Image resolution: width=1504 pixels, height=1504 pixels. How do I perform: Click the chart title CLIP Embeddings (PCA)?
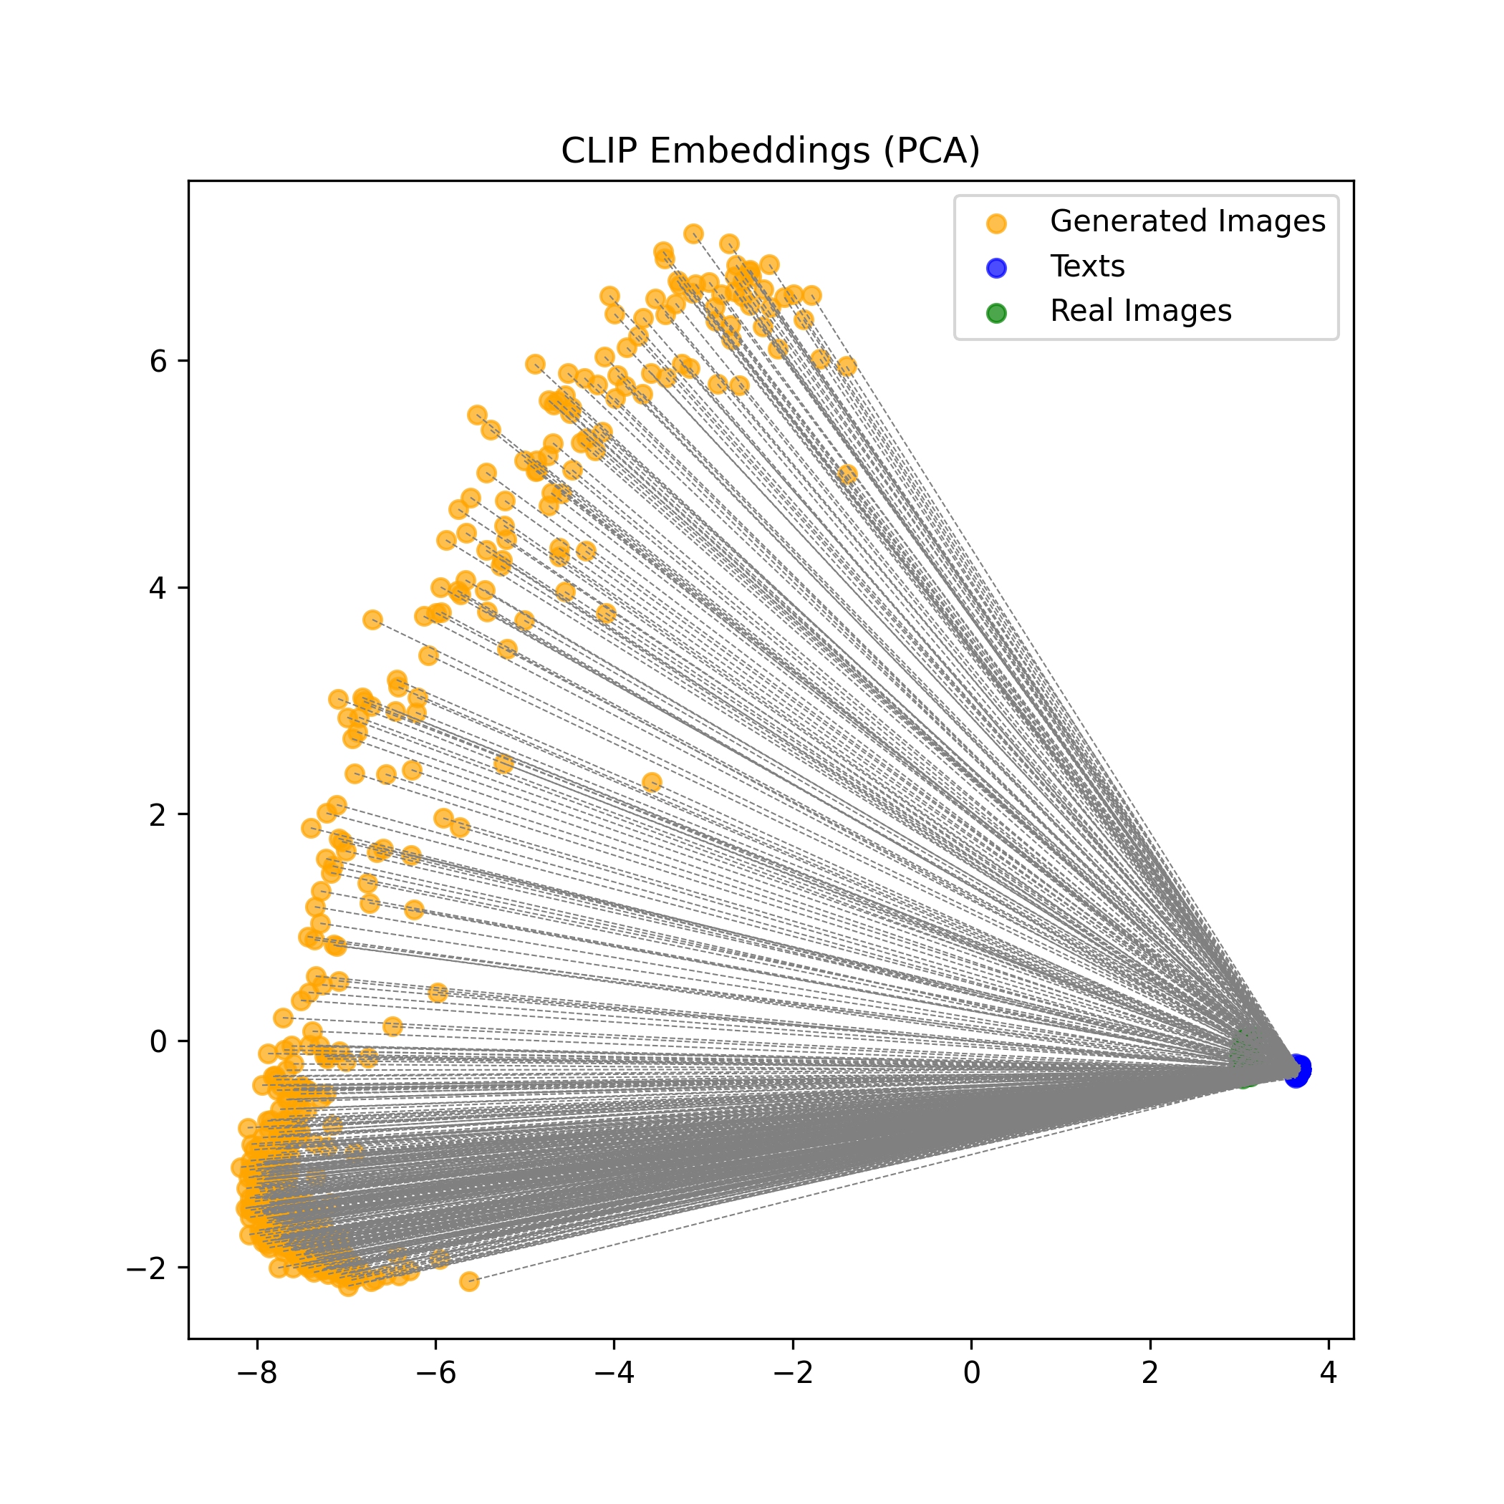tap(770, 150)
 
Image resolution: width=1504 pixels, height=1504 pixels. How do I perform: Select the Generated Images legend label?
tap(1187, 221)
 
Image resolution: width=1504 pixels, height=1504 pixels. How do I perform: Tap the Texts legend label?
tap(1086, 266)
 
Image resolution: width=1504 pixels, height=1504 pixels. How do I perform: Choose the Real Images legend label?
tap(1140, 311)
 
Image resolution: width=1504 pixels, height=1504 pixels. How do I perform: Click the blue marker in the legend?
tap(996, 268)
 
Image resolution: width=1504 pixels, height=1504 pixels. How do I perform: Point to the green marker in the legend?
tap(996, 313)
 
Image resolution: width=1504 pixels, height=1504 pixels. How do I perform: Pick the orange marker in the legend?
tap(996, 223)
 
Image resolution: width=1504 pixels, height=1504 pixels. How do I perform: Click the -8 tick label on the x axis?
tap(257, 1372)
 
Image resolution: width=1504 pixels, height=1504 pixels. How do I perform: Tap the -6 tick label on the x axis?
tap(435, 1372)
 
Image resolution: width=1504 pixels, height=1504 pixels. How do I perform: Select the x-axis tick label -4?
tap(614, 1372)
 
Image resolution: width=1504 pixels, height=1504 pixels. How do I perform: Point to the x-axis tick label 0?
tap(972, 1372)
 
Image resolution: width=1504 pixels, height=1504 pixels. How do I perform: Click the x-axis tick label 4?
tap(1329, 1372)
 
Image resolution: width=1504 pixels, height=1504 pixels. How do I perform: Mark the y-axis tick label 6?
tap(158, 361)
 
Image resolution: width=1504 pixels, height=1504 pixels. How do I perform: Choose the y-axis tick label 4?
tap(158, 588)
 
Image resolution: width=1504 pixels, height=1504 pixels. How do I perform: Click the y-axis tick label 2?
tap(158, 815)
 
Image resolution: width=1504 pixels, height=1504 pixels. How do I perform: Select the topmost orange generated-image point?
tap(693, 233)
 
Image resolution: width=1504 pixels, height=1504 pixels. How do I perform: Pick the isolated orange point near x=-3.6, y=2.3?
tap(652, 782)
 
